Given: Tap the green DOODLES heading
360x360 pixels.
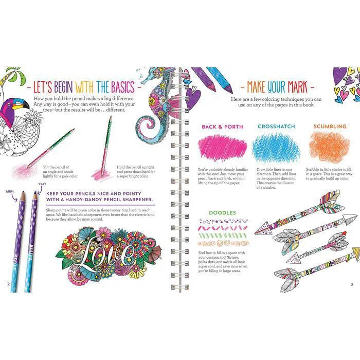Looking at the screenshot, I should (222, 212).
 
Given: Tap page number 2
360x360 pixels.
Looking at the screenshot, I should (7, 283).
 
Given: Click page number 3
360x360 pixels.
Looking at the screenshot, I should (352, 283).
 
